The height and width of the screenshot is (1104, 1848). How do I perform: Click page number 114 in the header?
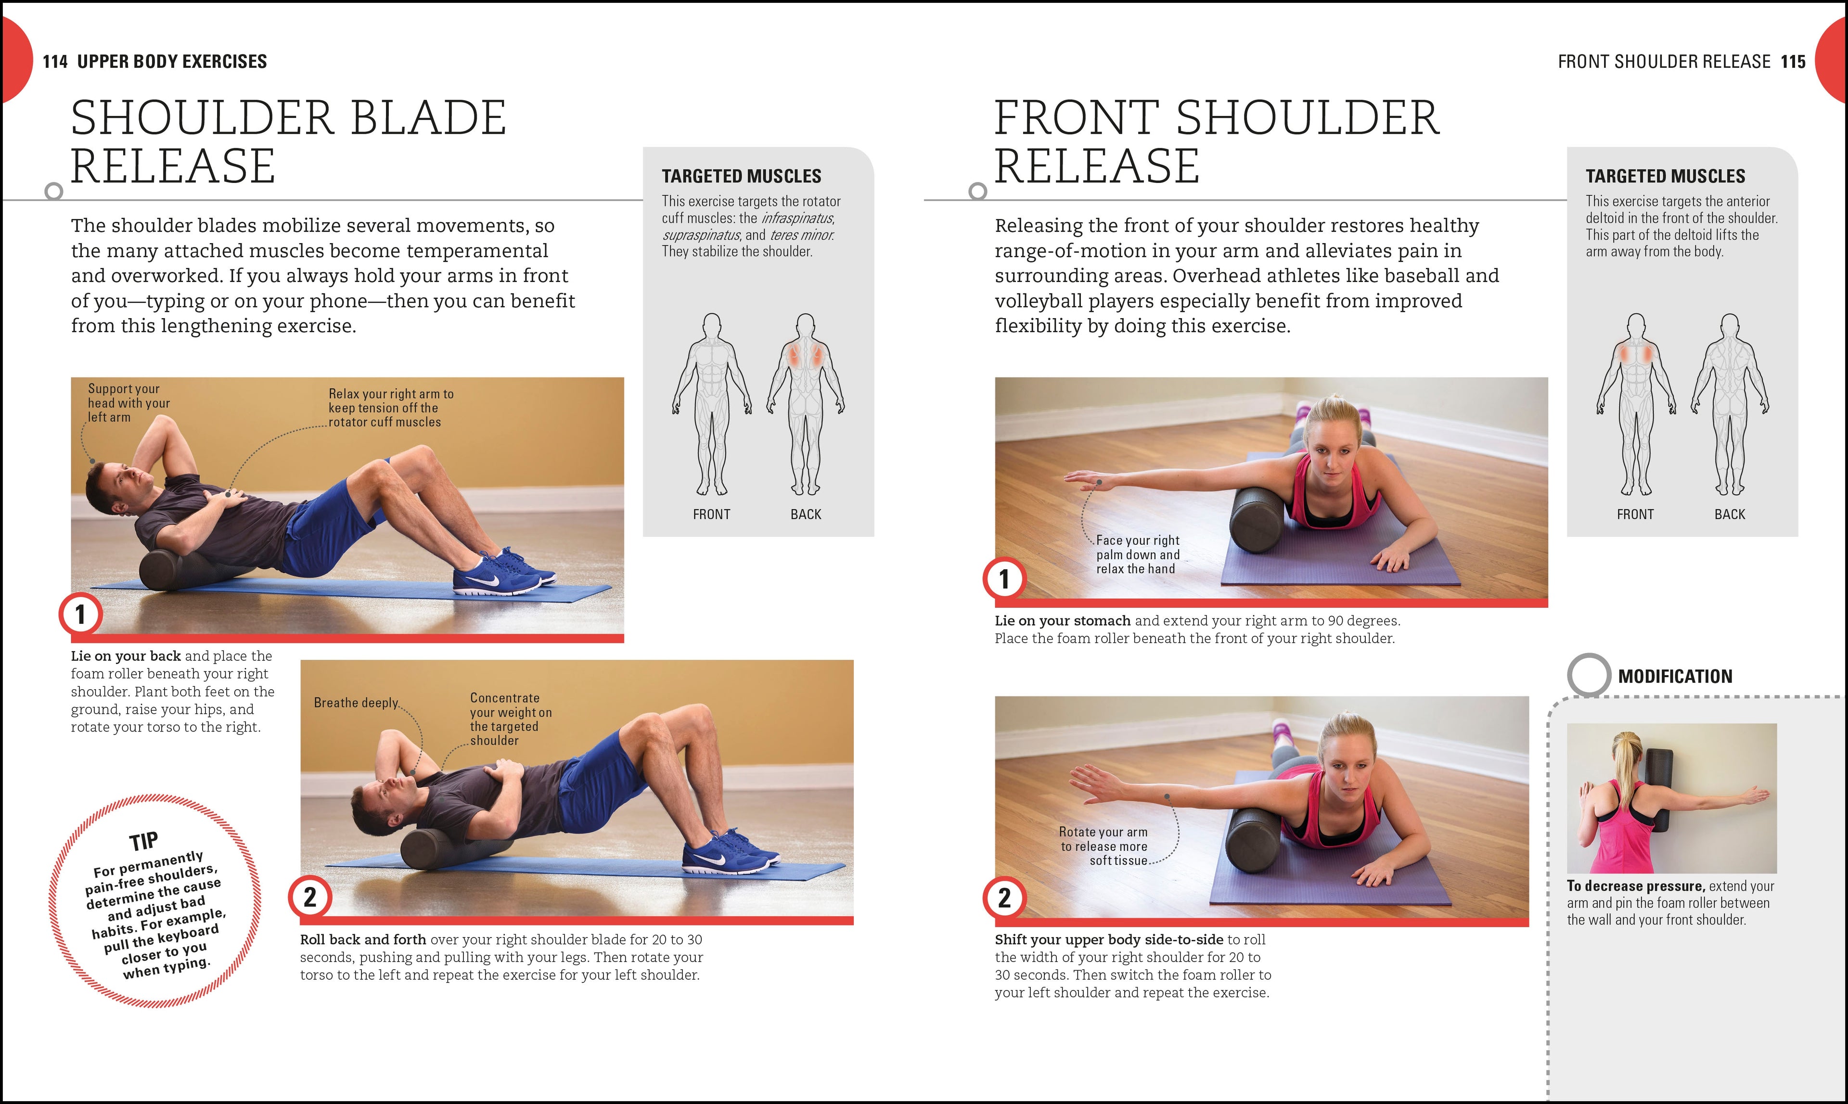(x=55, y=62)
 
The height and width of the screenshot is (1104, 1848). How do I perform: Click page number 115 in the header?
(x=1793, y=62)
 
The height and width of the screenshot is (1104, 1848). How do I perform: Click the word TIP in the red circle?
(x=143, y=841)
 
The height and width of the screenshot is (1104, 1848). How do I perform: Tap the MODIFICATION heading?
(x=1675, y=676)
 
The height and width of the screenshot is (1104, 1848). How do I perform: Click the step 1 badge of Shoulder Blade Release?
(x=80, y=615)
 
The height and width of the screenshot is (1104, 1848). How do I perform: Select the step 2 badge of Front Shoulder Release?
(x=1004, y=898)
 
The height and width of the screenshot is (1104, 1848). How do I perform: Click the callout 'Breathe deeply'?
(x=356, y=703)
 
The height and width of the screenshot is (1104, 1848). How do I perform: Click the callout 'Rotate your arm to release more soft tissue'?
(x=1104, y=846)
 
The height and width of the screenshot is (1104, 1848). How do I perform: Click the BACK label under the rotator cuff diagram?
(x=806, y=514)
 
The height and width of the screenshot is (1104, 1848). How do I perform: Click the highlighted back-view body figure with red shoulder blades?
(x=805, y=402)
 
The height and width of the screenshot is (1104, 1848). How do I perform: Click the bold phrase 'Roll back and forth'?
(x=363, y=939)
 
